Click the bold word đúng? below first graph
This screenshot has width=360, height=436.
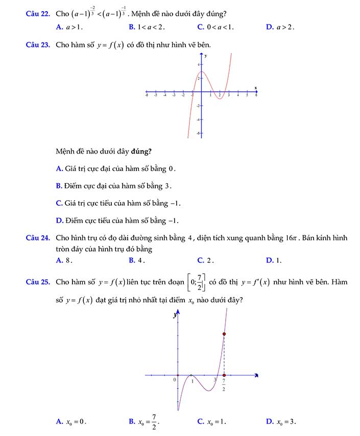pos(141,151)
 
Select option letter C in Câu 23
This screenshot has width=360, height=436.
pos(59,203)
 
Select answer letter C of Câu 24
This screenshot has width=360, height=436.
pos(200,260)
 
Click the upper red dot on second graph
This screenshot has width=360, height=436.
pos(224,334)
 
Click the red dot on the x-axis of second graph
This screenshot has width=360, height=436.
pos(224,375)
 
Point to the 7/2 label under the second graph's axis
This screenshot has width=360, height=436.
pos(224,385)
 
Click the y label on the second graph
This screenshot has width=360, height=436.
pos(175,316)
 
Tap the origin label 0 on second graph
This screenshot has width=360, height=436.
pos(174,380)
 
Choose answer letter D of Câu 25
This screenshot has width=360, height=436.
pos(269,422)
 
